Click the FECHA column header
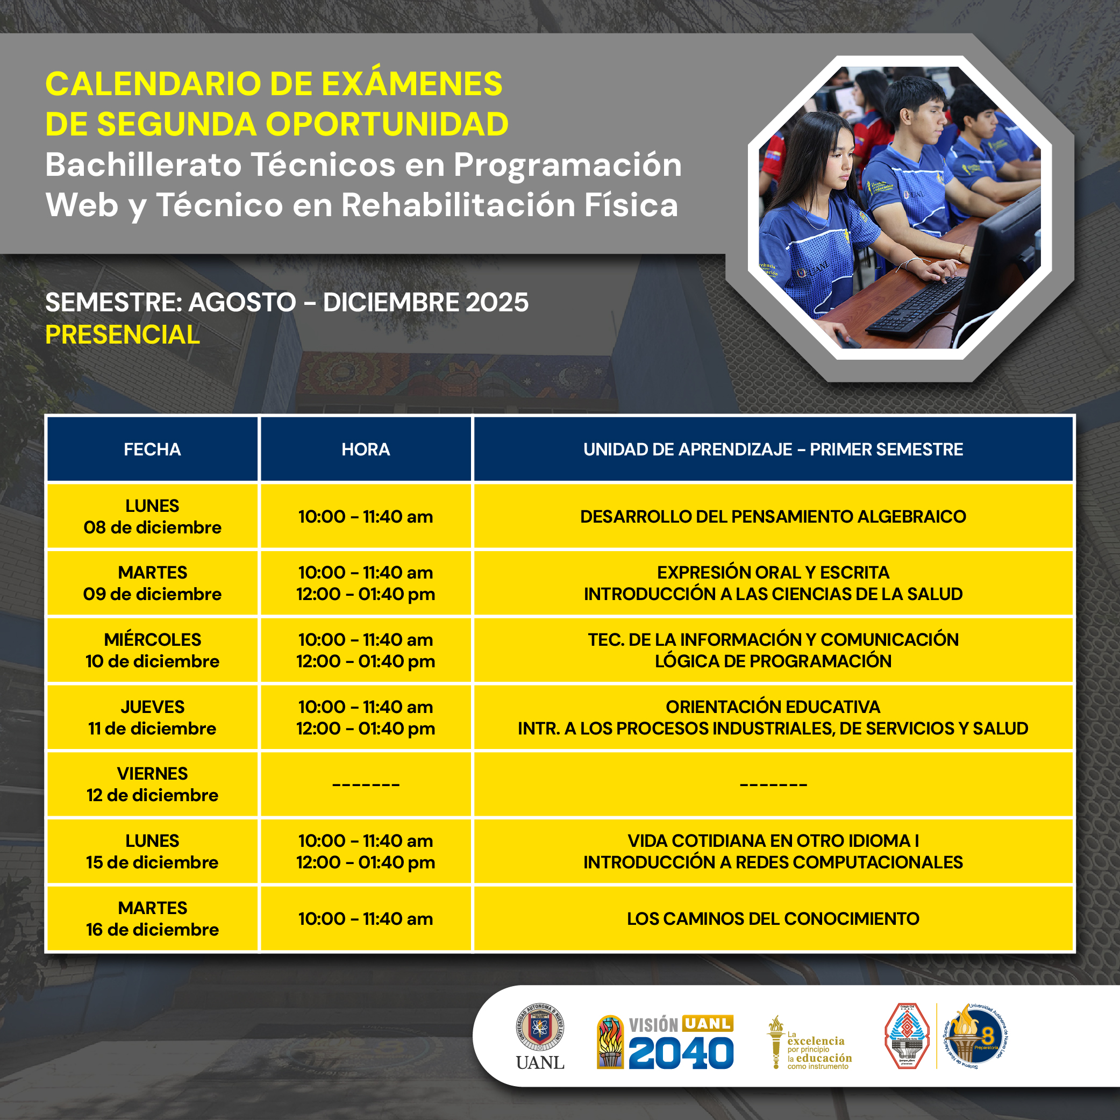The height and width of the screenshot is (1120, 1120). (x=153, y=450)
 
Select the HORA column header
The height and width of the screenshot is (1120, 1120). (x=366, y=450)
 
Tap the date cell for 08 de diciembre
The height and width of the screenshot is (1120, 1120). (x=153, y=517)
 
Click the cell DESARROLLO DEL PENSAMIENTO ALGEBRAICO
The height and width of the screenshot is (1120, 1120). (x=773, y=517)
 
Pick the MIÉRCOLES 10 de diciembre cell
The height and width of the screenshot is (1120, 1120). (x=153, y=651)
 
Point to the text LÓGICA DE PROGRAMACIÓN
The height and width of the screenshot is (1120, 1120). (x=773, y=661)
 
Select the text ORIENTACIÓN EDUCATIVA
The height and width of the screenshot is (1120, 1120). (x=773, y=707)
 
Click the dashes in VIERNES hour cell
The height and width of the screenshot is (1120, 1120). (x=366, y=785)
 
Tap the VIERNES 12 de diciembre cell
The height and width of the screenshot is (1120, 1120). (x=153, y=784)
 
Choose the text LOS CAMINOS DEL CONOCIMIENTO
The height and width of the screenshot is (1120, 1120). (x=773, y=919)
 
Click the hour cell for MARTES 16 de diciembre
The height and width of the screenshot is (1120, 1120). (x=366, y=919)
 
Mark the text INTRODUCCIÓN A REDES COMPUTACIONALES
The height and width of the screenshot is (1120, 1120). (x=773, y=862)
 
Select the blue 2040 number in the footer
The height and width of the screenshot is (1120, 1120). (x=681, y=1053)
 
